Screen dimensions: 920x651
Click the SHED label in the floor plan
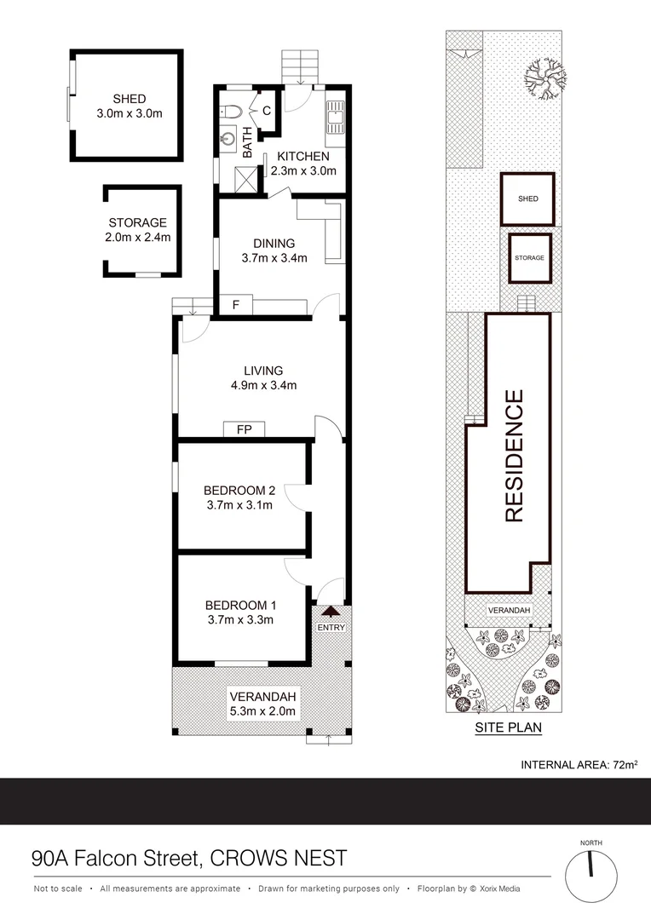(x=129, y=99)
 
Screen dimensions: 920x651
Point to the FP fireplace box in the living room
(x=243, y=429)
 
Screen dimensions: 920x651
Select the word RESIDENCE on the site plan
(x=513, y=456)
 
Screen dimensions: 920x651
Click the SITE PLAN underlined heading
(x=508, y=728)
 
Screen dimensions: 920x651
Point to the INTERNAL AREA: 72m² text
(x=579, y=765)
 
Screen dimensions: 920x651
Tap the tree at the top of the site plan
(x=539, y=78)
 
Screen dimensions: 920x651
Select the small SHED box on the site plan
(x=527, y=199)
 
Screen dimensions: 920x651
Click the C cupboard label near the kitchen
(x=267, y=111)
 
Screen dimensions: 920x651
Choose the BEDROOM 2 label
(x=239, y=491)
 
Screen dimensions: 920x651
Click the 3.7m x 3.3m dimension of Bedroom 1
(x=239, y=620)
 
